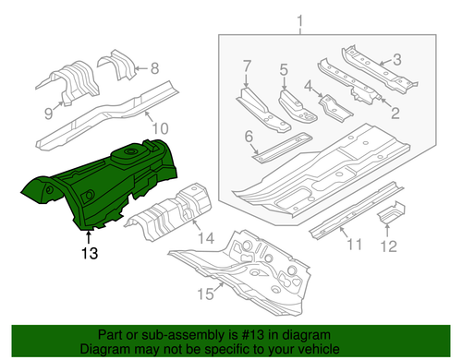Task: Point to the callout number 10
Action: tap(160, 128)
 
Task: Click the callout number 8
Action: tap(154, 67)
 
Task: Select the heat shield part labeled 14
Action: tap(171, 210)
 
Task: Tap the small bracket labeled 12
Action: tap(393, 212)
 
